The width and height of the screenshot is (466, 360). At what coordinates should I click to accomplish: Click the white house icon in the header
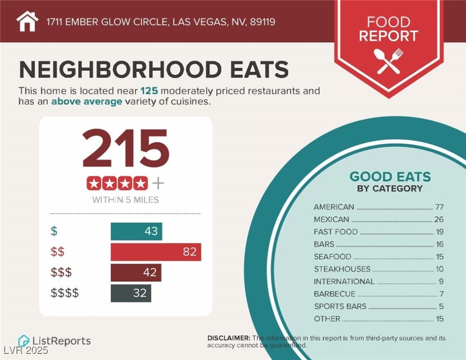(28, 21)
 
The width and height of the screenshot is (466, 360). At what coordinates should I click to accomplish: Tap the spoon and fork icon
(388, 61)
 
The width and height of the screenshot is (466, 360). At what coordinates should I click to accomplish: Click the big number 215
(126, 149)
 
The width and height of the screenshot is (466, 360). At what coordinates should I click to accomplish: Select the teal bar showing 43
(136, 232)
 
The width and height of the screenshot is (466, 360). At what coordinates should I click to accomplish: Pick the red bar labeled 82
(156, 252)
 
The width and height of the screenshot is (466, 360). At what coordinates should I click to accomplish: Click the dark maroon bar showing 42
(136, 272)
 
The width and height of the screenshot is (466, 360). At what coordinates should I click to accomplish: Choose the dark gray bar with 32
(131, 293)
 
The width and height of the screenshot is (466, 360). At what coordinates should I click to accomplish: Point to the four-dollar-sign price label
(65, 293)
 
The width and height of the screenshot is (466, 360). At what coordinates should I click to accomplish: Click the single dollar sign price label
(54, 232)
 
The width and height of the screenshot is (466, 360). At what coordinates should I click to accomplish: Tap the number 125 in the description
(148, 91)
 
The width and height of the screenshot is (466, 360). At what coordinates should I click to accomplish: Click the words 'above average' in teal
(87, 101)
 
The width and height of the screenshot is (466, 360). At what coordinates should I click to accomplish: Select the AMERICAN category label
(334, 207)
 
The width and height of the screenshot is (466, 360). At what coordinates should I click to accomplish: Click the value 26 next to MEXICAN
(438, 219)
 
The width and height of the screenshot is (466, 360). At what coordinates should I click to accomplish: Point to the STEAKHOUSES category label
(342, 269)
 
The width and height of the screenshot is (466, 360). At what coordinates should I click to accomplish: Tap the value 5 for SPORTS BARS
(440, 307)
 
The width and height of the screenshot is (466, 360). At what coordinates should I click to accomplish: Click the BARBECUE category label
(334, 294)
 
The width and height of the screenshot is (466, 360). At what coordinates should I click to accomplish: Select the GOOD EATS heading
(390, 177)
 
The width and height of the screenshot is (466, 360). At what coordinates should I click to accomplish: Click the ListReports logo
(54, 341)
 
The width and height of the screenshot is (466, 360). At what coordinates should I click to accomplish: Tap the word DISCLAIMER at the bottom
(229, 338)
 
